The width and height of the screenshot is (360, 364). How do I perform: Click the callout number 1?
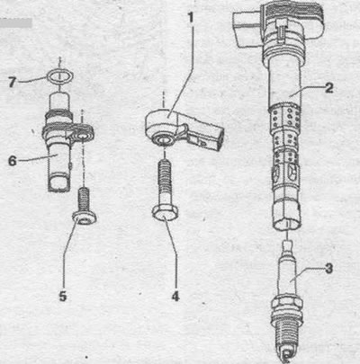191,18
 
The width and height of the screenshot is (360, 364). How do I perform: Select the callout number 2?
328,88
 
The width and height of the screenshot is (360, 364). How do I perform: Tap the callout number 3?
328,269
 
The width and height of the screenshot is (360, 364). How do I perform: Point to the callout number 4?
175,297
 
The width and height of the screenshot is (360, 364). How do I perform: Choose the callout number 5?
63,297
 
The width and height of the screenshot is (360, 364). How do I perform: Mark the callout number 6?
13,161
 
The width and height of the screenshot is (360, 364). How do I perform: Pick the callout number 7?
12,82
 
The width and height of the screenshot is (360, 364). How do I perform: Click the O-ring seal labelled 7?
60,76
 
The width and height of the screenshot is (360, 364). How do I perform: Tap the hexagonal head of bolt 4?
165,213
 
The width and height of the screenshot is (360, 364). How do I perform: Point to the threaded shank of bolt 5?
85,200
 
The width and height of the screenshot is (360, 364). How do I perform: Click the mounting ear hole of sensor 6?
82,138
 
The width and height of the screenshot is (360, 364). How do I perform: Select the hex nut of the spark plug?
287,303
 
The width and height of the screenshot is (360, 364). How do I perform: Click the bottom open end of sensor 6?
59,183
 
